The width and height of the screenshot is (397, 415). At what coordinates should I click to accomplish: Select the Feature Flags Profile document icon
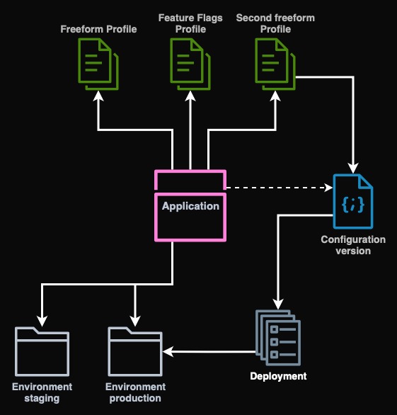190,64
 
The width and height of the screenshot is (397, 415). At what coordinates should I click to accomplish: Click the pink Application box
190,205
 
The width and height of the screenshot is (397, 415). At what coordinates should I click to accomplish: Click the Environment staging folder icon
42,351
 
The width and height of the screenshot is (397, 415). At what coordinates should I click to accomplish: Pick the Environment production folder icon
135,351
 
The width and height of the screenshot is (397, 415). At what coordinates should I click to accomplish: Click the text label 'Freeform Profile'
98,29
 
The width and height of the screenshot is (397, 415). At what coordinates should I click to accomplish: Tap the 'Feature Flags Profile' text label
190,23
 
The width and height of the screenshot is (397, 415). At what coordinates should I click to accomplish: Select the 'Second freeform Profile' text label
275,23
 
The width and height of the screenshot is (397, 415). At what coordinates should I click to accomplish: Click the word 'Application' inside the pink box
190,206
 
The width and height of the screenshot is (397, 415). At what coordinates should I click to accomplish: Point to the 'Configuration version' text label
353,245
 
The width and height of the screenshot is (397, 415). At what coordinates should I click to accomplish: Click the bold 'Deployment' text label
278,376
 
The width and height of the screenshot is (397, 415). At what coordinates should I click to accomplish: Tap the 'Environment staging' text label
42,392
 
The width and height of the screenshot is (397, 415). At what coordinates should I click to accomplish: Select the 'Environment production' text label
135,392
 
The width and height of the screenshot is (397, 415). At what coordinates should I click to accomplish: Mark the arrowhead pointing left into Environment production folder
168,351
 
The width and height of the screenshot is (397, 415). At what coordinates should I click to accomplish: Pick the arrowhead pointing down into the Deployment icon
278,303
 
